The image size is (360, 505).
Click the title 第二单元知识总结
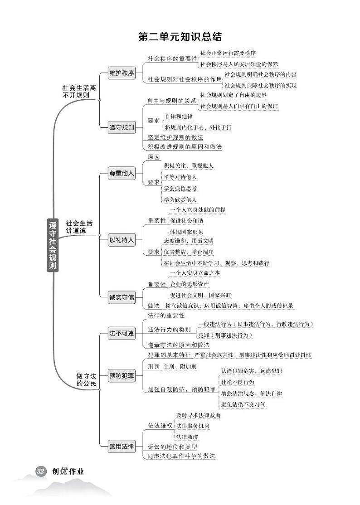(180, 37)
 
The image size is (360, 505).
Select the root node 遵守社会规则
(53, 245)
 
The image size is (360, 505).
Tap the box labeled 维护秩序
(122, 73)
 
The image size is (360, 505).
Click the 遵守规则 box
(122, 127)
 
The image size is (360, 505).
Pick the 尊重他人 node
(122, 173)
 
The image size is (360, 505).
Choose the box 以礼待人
(122, 241)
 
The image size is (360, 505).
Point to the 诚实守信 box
(122, 297)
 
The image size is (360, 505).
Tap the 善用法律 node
(122, 447)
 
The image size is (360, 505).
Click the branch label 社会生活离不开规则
(79, 91)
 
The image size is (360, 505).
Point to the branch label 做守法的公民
(86, 379)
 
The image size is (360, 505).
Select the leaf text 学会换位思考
(180, 188)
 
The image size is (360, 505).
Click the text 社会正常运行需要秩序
(228, 53)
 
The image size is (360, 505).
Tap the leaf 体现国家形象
(186, 232)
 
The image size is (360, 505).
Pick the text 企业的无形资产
(189, 284)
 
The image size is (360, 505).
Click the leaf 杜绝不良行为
(238, 382)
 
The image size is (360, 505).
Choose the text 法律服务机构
(193, 426)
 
